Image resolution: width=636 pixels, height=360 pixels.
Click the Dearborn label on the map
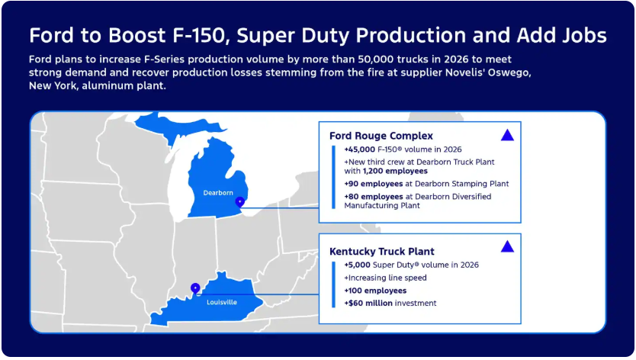point(218,193)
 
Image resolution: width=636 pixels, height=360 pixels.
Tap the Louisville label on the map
point(222,302)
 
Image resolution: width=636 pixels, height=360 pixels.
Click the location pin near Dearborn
point(240,202)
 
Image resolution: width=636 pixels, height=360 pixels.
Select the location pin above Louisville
point(195,288)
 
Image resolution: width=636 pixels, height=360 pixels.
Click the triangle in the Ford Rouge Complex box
point(507,135)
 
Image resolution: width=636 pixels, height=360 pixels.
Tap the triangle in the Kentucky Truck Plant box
point(507,246)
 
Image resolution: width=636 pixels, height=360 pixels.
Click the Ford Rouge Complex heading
point(381,136)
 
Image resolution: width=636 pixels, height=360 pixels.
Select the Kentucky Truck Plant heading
point(381,251)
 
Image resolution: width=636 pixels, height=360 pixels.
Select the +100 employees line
point(375,291)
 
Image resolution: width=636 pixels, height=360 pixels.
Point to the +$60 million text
point(368,304)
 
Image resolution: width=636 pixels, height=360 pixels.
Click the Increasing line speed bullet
point(385,278)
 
